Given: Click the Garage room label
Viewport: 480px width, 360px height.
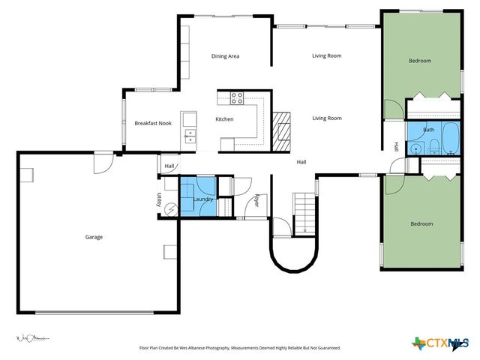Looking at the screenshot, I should point(94,237).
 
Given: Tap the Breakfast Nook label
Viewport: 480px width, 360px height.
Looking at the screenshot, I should point(153,123).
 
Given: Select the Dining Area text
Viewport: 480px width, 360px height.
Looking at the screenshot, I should point(225,56).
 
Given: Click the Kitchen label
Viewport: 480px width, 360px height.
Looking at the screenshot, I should point(224,119).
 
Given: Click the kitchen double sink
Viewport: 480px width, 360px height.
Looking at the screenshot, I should point(190,136).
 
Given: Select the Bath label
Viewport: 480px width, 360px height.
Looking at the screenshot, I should point(428,130).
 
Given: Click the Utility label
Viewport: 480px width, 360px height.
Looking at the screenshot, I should point(160,199).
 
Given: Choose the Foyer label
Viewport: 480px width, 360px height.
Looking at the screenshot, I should point(256,200).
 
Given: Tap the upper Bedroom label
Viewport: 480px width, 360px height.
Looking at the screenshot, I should point(420,61).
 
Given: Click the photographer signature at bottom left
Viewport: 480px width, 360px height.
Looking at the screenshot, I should point(32,337).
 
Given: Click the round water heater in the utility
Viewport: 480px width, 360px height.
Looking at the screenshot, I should point(170,209).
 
